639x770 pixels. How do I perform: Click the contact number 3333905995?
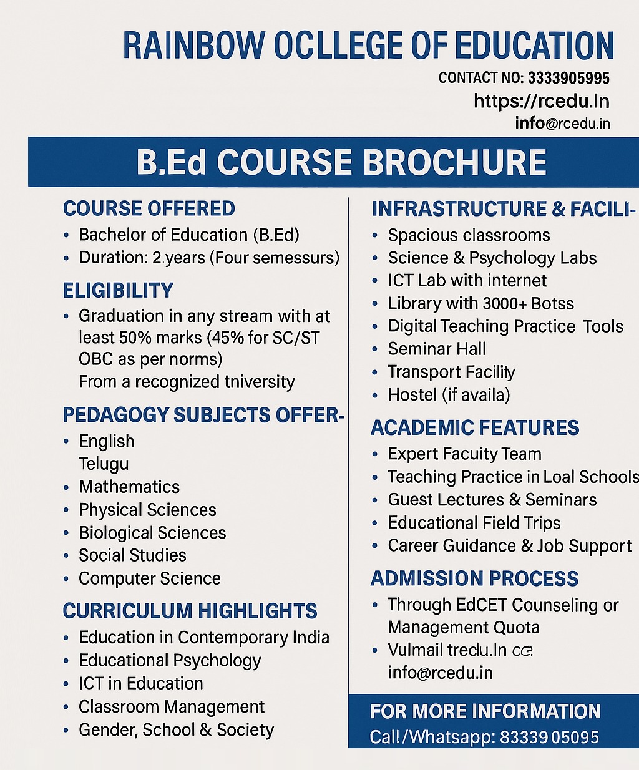coord(568,78)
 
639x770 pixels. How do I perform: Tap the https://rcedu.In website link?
coord(541,101)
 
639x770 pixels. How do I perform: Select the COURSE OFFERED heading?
coord(149,208)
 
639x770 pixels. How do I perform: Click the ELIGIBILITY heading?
coord(118,290)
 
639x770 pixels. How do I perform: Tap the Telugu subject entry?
coord(104,464)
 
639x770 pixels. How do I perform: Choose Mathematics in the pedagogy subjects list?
coord(129,487)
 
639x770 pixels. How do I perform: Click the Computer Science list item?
coord(149,578)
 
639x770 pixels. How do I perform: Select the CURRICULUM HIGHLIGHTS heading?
coord(190,611)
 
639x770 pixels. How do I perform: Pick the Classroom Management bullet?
coord(172,706)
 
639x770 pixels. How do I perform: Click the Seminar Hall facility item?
coord(436,349)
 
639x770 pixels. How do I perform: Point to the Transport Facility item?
coord(451,372)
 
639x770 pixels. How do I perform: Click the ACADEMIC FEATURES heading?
coord(475,428)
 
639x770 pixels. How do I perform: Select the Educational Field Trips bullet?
coord(474,522)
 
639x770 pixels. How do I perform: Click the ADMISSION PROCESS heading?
coord(474,578)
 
